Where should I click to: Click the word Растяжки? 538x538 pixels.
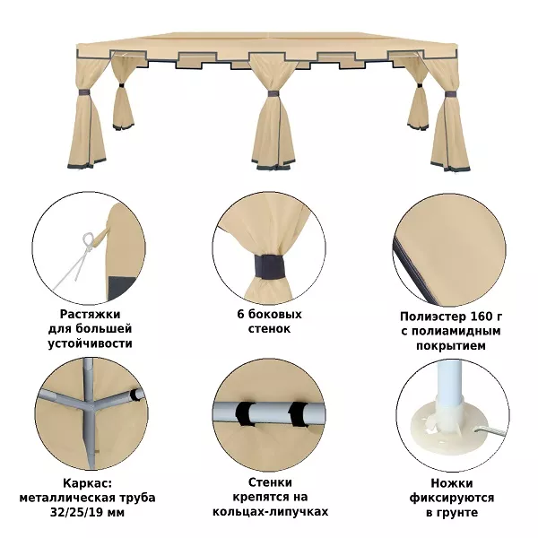tap(90, 314)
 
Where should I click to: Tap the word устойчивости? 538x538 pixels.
tap(90, 343)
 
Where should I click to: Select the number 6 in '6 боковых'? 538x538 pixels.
tap(240, 314)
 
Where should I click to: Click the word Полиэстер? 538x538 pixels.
tap(429, 316)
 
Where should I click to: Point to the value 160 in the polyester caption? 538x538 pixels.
tap(474, 316)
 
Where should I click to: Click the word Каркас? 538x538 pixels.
tap(87, 483)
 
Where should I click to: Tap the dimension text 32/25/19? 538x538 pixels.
tap(77, 513)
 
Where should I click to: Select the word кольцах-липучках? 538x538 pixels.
tap(271, 512)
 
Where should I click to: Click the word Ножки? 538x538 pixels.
tap(452, 483)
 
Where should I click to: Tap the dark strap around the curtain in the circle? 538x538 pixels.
tap(271, 266)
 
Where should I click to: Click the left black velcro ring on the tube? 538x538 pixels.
tap(245, 413)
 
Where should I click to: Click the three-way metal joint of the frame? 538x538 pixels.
tap(90, 407)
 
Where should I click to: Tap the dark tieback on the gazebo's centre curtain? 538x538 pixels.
tap(273, 93)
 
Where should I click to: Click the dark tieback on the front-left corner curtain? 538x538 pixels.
tap(83, 92)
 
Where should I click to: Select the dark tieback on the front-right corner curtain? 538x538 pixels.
tap(450, 94)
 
